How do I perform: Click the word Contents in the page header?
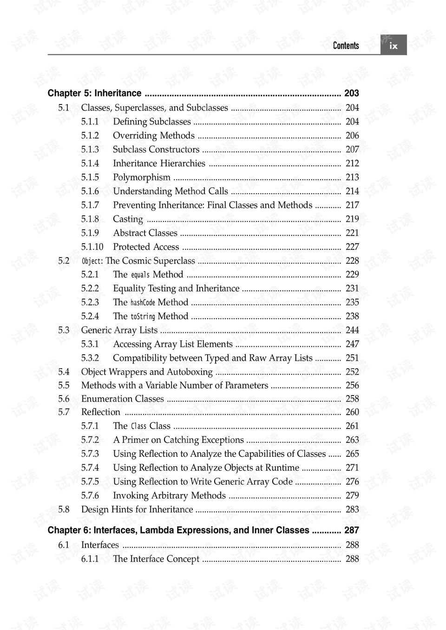346,45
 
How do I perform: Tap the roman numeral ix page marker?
394,45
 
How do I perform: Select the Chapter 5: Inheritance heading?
94,93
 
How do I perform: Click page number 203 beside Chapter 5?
352,93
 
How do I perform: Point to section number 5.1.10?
92,247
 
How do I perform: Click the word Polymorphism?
142,177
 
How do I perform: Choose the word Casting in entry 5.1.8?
128,219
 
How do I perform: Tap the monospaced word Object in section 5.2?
91,261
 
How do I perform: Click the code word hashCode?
143,303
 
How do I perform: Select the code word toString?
143,317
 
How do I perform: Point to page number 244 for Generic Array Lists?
352,330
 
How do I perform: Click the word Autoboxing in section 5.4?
190,372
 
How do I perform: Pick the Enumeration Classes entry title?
123,399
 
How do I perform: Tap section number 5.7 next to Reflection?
64,412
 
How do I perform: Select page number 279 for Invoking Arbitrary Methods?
352,496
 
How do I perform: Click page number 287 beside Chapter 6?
352,530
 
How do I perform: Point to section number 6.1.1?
90,559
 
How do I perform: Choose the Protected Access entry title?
146,247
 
